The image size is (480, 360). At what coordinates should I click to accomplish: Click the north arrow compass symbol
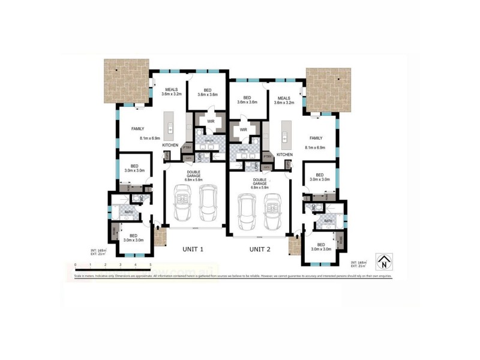point(383,262)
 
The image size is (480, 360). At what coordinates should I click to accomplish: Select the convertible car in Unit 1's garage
point(182,203)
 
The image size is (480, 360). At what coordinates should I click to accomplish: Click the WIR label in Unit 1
point(211,122)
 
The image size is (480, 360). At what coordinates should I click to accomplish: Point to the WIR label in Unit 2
point(243,130)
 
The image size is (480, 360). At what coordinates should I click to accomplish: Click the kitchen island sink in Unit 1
point(171,128)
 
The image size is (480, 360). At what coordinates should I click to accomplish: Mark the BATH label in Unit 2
point(328,221)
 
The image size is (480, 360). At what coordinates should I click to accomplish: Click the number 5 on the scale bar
point(150,264)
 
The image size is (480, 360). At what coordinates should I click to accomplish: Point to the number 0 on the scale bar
point(76,264)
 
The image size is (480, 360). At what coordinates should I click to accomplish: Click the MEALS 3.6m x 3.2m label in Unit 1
point(171,92)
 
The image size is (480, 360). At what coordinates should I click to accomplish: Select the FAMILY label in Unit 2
point(316,137)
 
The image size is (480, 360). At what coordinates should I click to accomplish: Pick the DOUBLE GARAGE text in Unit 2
point(260,181)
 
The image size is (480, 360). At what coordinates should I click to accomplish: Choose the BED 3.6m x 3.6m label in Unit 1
point(206,92)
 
